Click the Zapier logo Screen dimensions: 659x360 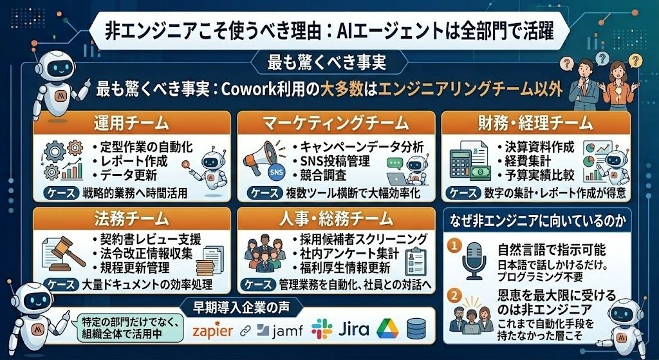click(x=212, y=330)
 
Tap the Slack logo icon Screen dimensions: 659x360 click(x=322, y=329)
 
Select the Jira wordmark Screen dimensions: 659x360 click(x=353, y=329)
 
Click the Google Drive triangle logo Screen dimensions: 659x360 click(x=387, y=329)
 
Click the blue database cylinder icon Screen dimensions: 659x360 click(x=416, y=329)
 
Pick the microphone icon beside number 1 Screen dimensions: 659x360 click(x=474, y=261)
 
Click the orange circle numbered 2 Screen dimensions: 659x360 click(x=453, y=296)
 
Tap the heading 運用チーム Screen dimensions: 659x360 click(x=131, y=123)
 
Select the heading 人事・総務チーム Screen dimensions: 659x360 click(x=336, y=219)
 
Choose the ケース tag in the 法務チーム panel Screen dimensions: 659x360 click(x=61, y=285)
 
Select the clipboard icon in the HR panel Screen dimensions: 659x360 click(x=414, y=261)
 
